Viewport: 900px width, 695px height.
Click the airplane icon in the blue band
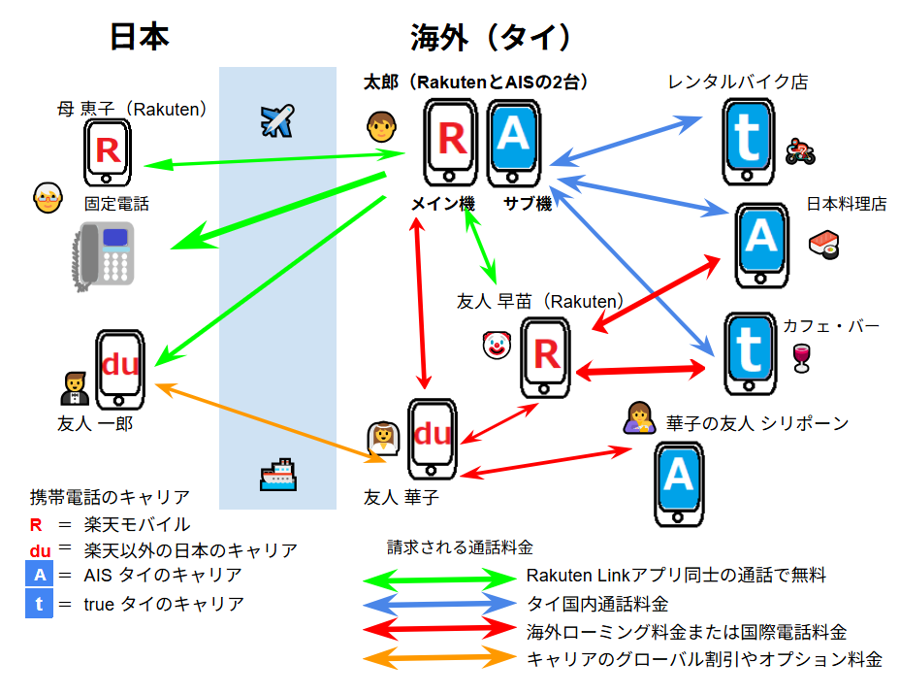point(277,120)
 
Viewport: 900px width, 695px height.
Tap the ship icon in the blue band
point(277,474)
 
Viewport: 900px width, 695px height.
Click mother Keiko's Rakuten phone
point(107,151)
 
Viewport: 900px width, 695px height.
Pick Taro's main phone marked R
point(452,143)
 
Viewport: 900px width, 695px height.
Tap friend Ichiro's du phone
point(120,370)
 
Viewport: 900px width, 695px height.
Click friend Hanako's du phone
point(433,439)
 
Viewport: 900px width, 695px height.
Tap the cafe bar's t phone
point(749,355)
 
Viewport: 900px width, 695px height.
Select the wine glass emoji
point(800,358)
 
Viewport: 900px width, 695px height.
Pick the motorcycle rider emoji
point(800,150)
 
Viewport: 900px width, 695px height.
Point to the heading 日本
point(139,37)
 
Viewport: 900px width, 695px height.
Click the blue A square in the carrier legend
point(39,575)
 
